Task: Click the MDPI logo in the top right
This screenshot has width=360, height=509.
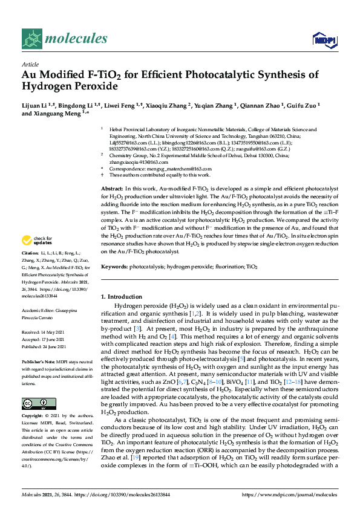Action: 324,40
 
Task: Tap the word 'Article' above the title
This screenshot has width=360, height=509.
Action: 30,64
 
